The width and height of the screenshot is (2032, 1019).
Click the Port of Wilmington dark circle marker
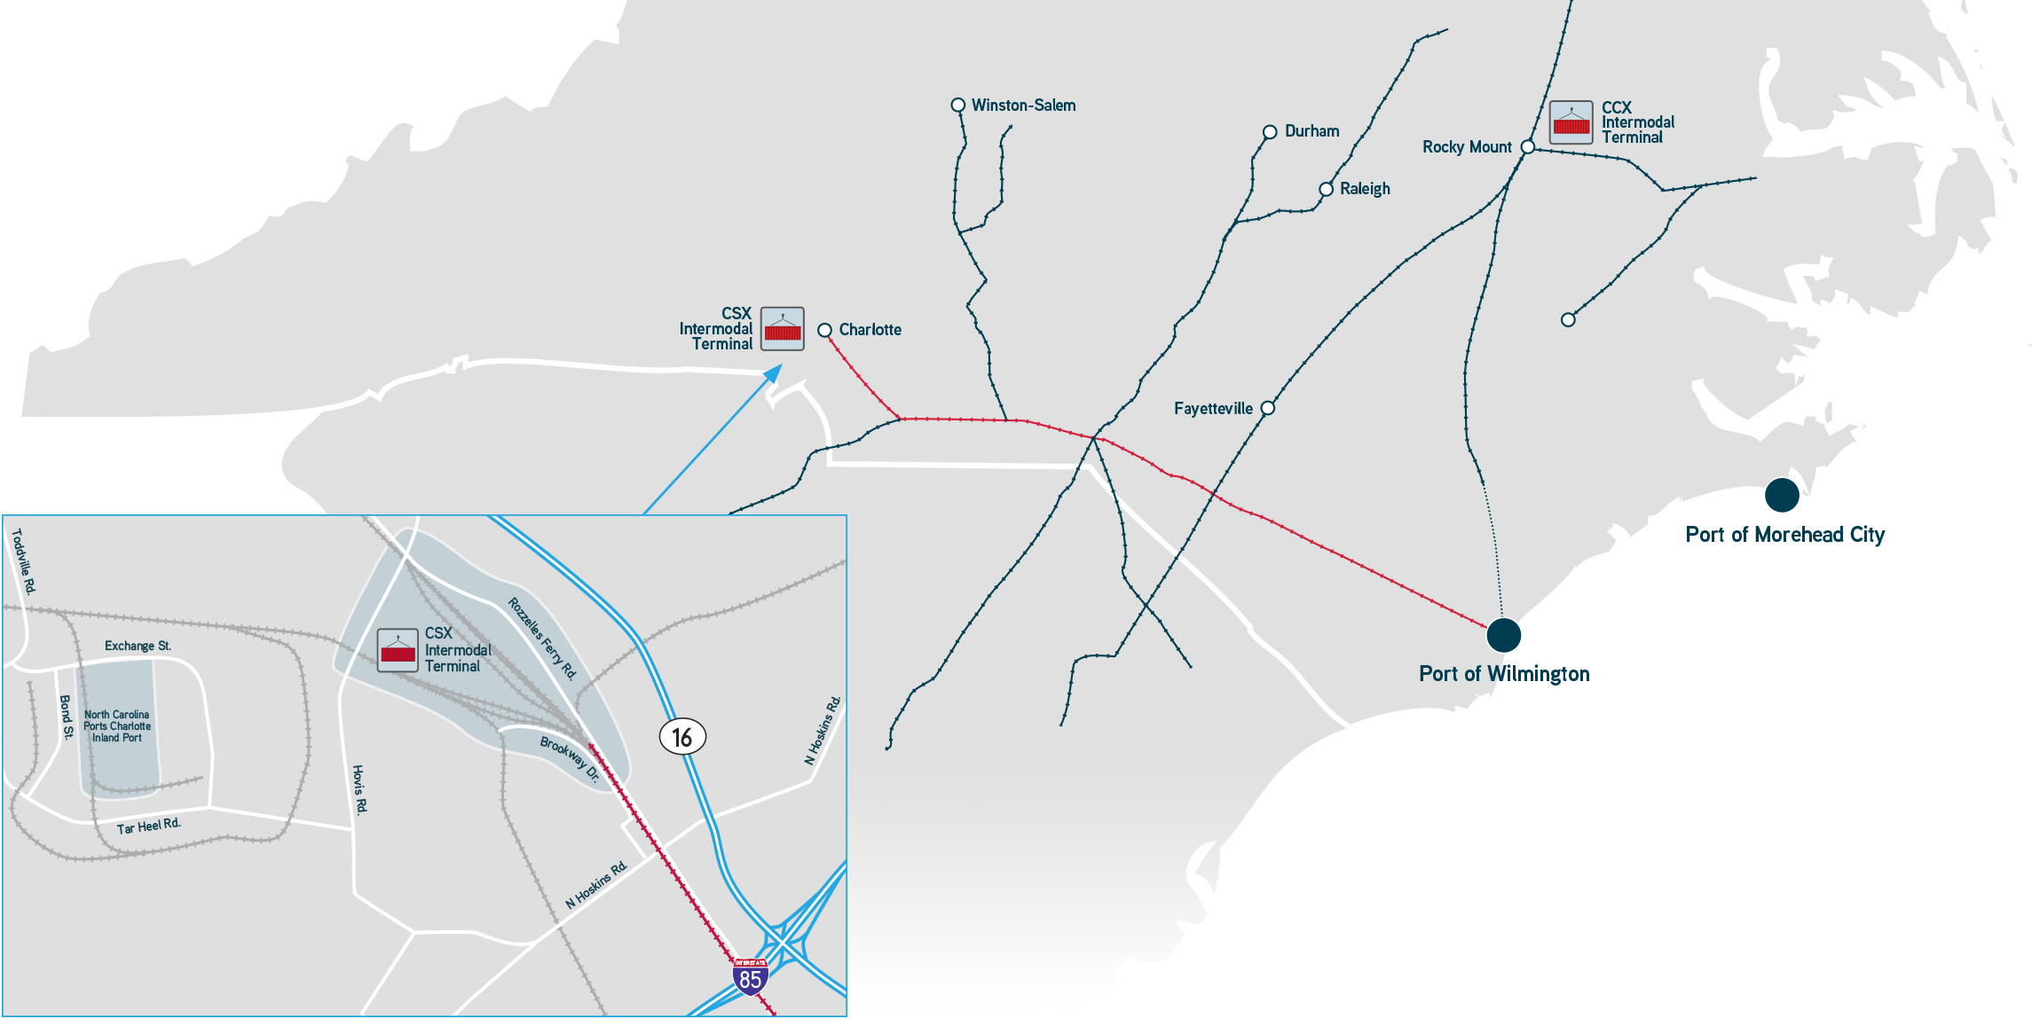click(1503, 634)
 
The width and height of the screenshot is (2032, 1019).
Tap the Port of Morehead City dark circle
click(1781, 495)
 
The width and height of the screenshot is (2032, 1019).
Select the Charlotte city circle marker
click(824, 330)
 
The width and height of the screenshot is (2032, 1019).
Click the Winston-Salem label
click(1023, 106)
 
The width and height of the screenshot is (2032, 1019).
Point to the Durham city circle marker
click(1270, 132)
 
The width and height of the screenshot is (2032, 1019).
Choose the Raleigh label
click(1365, 189)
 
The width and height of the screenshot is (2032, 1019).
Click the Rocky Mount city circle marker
click(1527, 146)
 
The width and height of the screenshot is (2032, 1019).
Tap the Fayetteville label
click(1213, 409)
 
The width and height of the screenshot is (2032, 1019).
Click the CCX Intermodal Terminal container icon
click(1571, 122)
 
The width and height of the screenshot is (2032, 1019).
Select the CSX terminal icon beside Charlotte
click(783, 329)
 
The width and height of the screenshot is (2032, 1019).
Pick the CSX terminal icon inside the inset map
click(398, 650)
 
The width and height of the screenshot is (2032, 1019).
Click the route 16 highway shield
click(682, 737)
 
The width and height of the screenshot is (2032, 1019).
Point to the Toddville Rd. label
click(23, 561)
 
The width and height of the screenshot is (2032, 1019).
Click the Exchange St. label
click(138, 646)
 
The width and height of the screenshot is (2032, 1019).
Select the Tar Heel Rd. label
click(148, 826)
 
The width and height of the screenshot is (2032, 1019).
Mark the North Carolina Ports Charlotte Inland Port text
click(117, 725)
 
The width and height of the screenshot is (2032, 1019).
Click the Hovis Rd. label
click(359, 789)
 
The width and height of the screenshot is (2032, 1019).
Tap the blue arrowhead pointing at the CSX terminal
click(774, 373)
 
